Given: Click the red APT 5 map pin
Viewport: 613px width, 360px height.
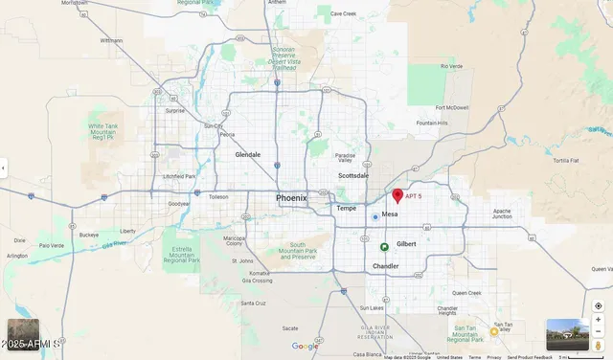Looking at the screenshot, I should coord(397,195).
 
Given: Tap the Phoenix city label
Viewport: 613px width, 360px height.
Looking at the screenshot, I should coord(292,198).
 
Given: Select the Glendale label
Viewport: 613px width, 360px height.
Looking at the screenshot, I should coord(248,154).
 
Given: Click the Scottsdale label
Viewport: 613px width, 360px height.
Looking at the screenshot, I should coord(353,176).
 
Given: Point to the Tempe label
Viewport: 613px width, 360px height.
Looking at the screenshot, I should coord(346,208).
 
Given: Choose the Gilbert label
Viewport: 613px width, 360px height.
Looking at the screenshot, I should coord(406,244).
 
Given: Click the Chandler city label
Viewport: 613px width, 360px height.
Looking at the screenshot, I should coord(386,266).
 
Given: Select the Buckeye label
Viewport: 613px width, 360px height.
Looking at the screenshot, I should coord(89,235).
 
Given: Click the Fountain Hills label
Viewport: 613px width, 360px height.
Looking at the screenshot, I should coord(432,124).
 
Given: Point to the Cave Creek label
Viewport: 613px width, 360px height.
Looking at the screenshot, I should coord(343,14).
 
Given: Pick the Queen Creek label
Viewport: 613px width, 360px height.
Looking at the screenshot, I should coord(467,293).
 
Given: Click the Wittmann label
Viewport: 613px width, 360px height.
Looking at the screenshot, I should coord(111,41).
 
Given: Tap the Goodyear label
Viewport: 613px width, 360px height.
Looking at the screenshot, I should coord(178,204).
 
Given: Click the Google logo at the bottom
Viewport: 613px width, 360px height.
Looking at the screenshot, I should coord(305,347).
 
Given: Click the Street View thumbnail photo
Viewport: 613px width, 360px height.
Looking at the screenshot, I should coord(567,335).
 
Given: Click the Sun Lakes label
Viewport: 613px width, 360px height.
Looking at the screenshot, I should coord(371,308).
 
